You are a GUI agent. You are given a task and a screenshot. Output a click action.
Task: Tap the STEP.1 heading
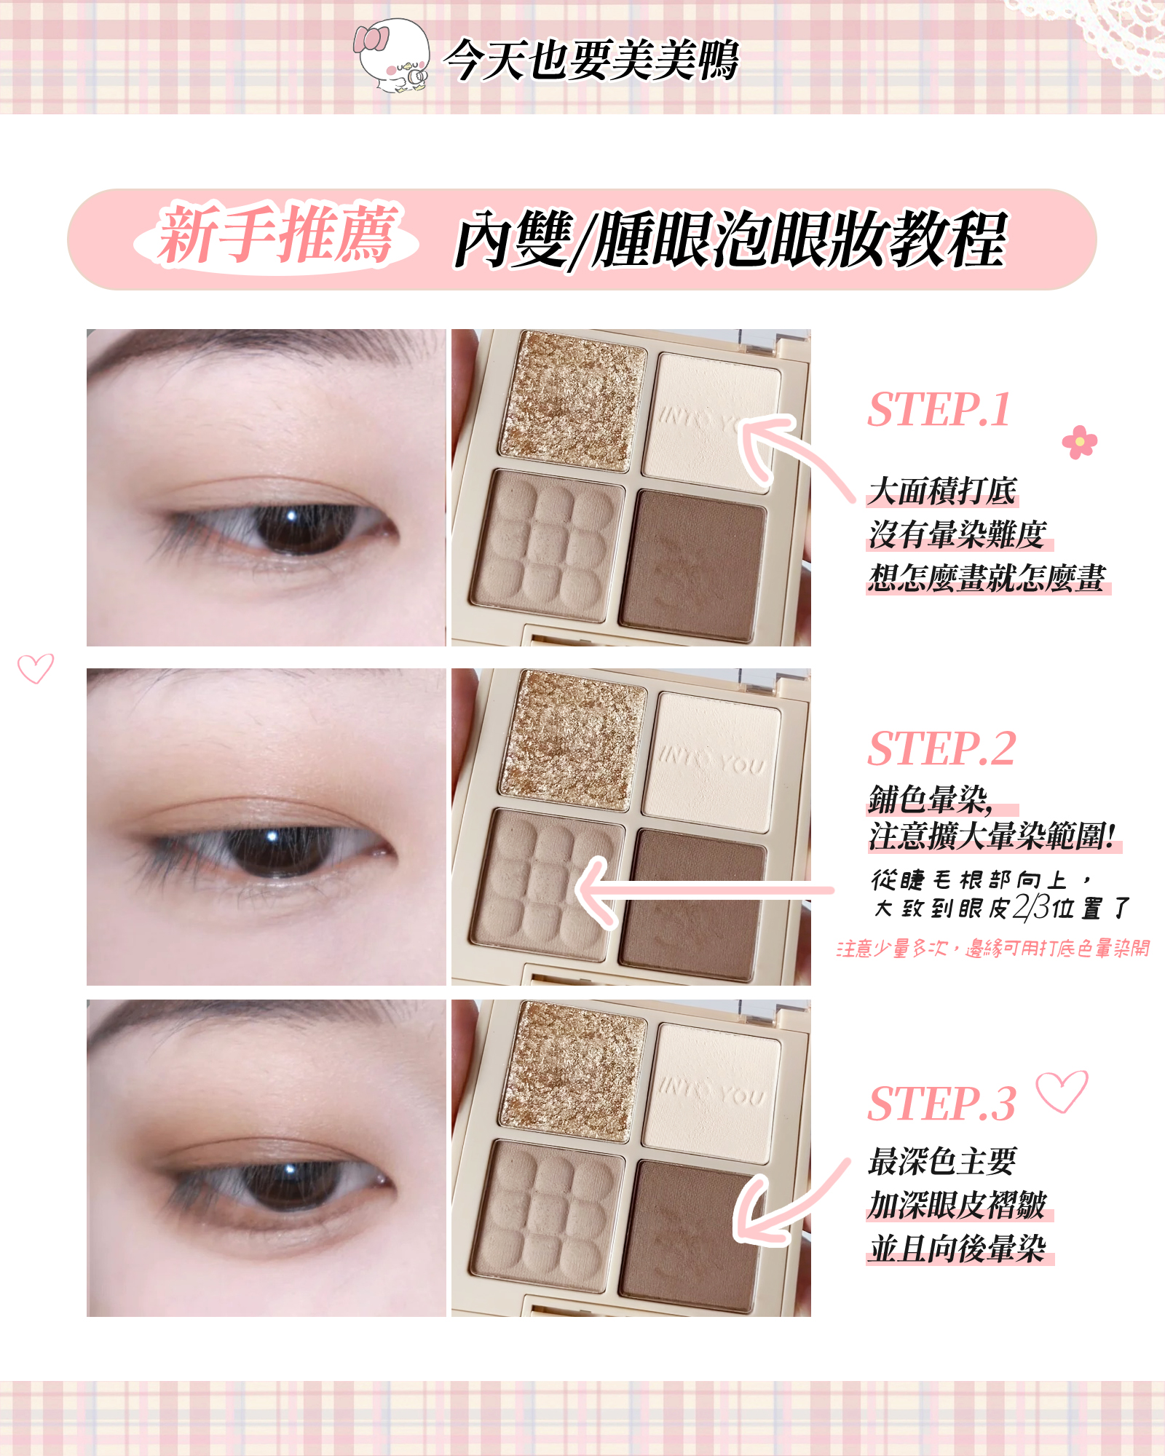939,409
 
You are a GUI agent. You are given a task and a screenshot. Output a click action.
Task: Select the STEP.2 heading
941,748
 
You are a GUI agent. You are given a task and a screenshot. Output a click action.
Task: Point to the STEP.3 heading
941,1104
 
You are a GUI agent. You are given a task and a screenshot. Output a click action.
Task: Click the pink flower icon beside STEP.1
1079,442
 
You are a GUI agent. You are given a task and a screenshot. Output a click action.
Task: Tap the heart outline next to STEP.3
1062,1091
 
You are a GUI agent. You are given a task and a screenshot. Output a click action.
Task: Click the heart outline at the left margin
35,668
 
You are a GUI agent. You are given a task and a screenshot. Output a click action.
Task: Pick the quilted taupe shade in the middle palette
546,883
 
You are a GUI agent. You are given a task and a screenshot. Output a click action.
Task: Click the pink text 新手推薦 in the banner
277,234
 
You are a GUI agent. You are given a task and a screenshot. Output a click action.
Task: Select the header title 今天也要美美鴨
591,60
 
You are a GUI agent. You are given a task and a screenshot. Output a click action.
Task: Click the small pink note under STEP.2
993,949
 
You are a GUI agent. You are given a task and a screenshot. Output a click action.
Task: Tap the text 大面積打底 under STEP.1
942,491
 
